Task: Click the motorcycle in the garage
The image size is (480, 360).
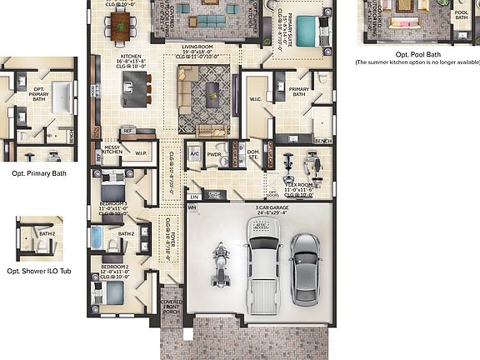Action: (221, 263)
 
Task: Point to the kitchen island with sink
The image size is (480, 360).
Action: (134, 84)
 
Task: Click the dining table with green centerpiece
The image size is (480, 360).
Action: (121, 27)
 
